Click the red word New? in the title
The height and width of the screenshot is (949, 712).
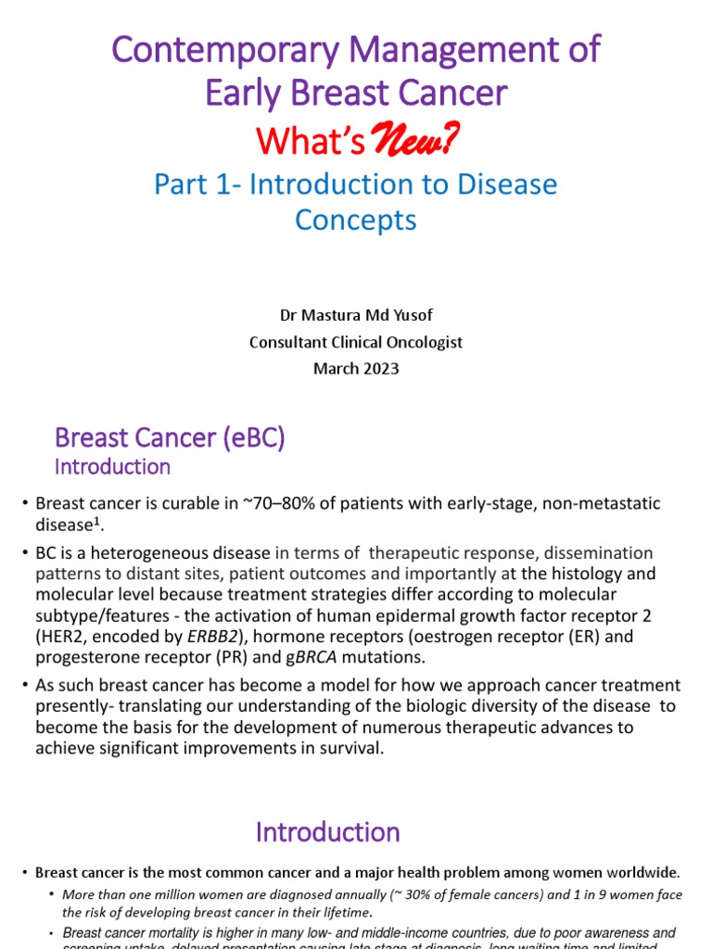[414, 140]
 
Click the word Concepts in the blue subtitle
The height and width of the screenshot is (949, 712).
[356, 221]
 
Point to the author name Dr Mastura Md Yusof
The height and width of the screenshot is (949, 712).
[356, 316]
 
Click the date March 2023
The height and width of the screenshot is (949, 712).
[356, 368]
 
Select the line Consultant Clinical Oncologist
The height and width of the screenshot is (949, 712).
[356, 342]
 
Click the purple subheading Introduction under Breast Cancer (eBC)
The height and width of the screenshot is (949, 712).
[112, 466]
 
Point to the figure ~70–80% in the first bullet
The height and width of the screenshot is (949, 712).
[279, 504]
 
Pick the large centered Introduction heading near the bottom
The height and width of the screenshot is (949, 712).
[328, 831]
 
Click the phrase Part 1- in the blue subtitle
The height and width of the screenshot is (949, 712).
[194, 184]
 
